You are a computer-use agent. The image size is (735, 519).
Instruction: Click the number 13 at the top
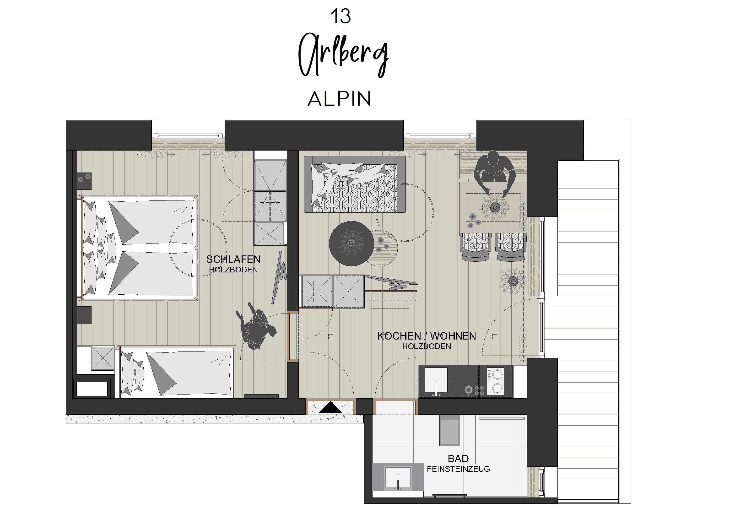(340, 16)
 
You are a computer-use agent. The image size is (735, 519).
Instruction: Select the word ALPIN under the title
(339, 99)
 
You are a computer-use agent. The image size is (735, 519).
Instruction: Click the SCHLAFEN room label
(233, 259)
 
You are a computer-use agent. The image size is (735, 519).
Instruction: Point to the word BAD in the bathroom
(458, 459)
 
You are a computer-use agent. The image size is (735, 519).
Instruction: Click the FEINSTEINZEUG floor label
(458, 469)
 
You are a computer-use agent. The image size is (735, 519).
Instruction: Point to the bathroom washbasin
(398, 478)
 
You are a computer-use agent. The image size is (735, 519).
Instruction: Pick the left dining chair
(475, 247)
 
